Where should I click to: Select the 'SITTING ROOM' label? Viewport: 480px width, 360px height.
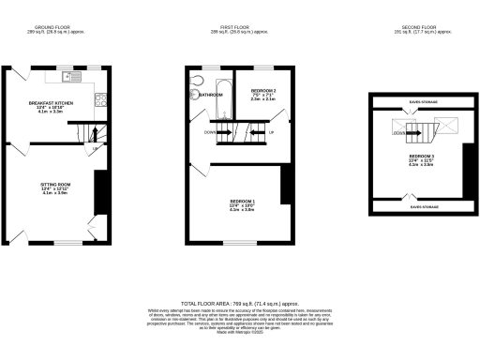[55, 185]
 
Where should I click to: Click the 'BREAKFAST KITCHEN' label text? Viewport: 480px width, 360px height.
[52, 102]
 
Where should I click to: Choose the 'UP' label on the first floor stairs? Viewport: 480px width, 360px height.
[272, 131]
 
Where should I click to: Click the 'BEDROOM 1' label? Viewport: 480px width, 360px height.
[243, 202]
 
